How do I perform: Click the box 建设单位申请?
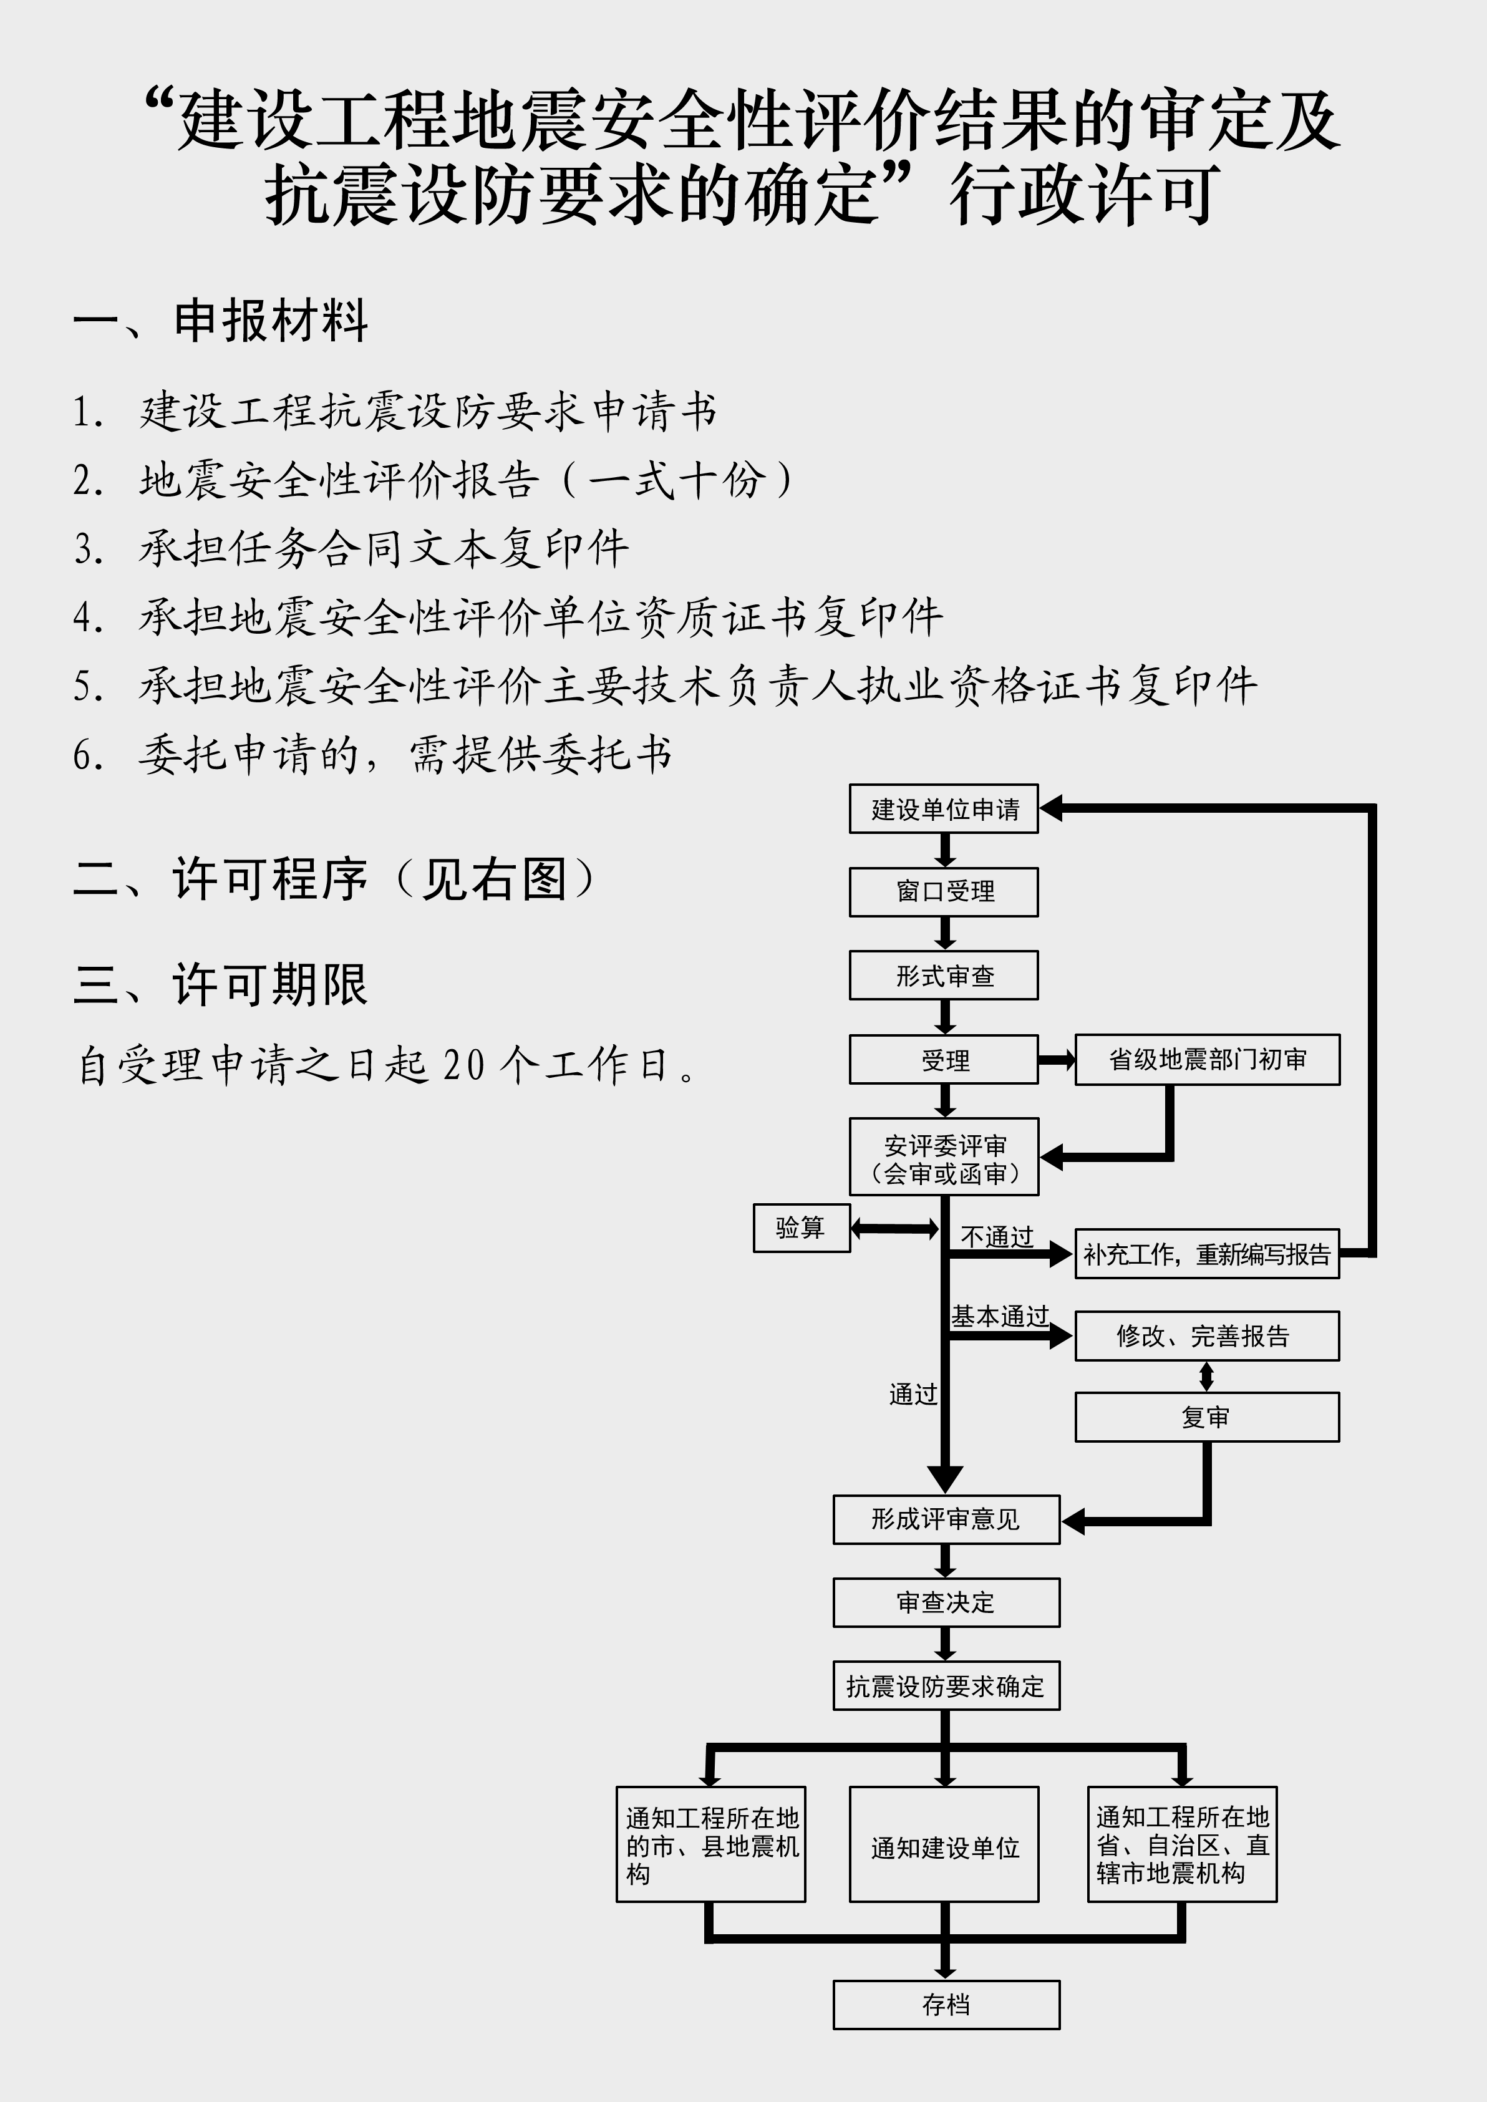[943, 808]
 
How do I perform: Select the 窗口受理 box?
[943, 892]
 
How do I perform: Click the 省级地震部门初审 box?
[1207, 1059]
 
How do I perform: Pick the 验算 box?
[801, 1228]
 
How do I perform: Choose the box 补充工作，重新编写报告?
[1207, 1253]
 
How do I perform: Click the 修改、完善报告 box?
[1207, 1335]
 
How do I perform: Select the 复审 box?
[1207, 1417]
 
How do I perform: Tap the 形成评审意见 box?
[946, 1519]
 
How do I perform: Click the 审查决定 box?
[946, 1602]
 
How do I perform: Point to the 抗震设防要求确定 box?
[946, 1685]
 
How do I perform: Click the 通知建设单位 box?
[944, 1844]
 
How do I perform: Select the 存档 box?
[946, 2005]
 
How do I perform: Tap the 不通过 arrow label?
[997, 1237]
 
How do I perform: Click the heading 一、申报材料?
[221, 321]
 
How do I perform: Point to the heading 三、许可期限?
[221, 984]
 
